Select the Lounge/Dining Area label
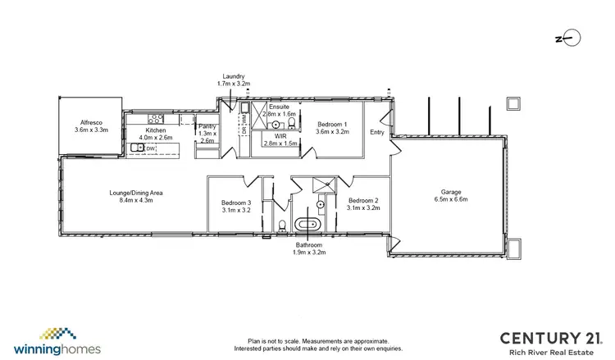click(136, 193)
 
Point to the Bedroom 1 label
click(333, 123)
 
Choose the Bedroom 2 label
click(362, 201)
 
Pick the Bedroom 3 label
click(236, 203)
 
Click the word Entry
click(377, 132)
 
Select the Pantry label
click(207, 126)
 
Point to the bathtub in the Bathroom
click(309, 224)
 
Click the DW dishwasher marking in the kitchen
click(151, 148)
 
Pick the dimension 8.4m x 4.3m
click(136, 199)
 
